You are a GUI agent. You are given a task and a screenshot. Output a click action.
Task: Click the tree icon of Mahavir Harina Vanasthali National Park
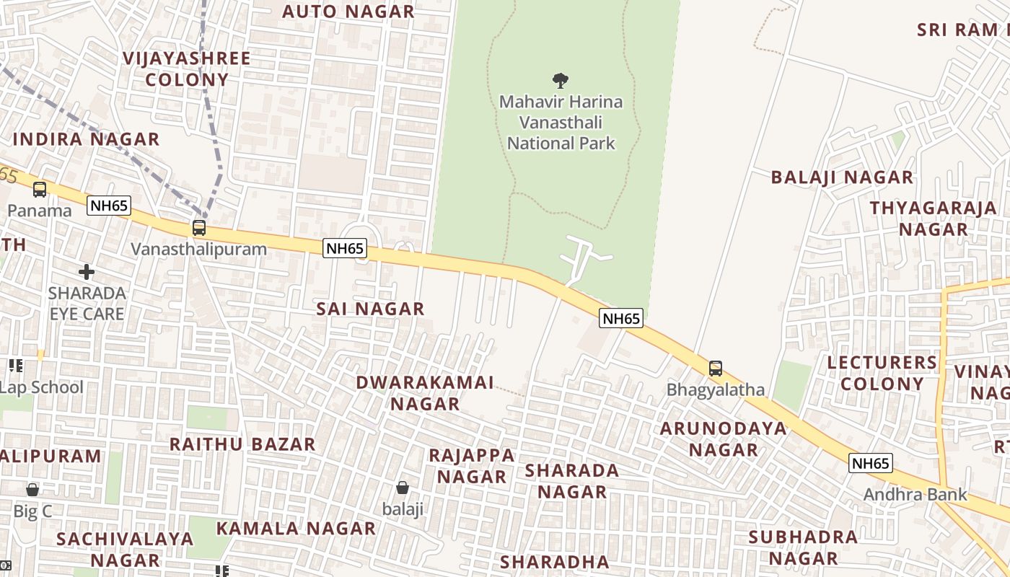560,80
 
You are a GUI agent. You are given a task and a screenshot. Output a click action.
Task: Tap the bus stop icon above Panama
40,190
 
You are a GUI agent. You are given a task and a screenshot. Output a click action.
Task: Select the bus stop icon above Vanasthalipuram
198,228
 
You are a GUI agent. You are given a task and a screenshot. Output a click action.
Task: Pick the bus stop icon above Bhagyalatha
715,369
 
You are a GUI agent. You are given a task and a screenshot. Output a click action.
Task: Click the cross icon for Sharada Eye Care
87,272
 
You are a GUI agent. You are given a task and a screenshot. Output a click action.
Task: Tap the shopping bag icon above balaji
403,488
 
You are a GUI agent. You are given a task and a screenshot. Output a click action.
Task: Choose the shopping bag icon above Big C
32,490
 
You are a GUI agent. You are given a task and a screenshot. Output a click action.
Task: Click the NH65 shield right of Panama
109,206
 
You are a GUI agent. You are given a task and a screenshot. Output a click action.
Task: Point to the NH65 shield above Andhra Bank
870,463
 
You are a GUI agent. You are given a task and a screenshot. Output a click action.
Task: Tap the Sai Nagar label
370,309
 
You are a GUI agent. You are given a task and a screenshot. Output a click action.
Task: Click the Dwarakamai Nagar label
425,393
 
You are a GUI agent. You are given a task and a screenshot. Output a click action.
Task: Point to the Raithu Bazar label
242,444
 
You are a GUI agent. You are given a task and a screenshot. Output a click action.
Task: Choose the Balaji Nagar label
842,177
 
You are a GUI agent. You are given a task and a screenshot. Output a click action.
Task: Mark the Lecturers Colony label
882,373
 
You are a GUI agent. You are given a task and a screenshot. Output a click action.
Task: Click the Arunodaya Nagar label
724,439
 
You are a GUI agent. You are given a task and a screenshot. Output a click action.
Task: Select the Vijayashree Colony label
186,69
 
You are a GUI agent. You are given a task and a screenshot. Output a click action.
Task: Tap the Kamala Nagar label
296,529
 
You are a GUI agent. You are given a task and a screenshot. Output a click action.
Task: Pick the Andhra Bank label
915,495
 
